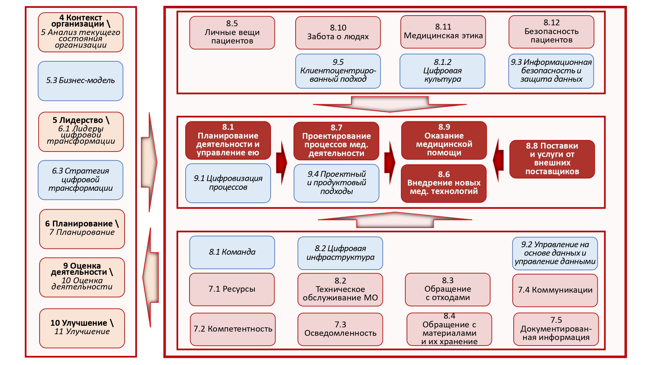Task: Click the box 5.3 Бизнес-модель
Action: coord(80,81)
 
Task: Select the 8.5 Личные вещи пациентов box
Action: coord(232,32)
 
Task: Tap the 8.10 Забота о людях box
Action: coord(338,32)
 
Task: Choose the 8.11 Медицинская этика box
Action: coord(443,32)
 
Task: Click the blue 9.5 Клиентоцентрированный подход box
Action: coord(338,71)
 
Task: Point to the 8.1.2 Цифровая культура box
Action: coord(442,71)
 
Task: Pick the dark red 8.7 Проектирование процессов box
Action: coord(336,141)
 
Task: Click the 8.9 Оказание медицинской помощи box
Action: coord(444,140)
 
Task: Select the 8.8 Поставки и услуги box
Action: coord(552,159)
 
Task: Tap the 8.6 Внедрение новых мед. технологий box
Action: coord(444,183)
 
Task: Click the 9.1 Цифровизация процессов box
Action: coord(228,183)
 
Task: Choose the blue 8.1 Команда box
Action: coord(232,252)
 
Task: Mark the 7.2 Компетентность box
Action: coord(233,329)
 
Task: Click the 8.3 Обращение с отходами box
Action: coord(447,289)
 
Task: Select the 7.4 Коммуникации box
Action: coord(555,290)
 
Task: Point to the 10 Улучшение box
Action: coord(82,328)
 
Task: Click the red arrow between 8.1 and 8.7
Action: coord(282,163)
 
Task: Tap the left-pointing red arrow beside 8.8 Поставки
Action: coord(498,160)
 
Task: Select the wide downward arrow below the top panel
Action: coord(389,104)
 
